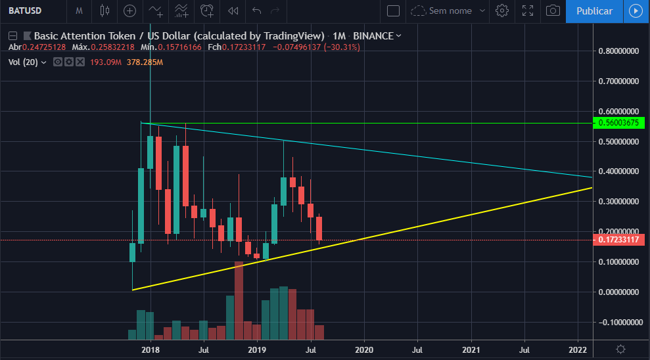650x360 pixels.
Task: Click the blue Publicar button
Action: [594, 11]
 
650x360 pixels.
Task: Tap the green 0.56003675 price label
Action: [618, 123]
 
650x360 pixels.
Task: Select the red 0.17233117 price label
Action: [618, 240]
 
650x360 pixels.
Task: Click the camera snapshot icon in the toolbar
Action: [553, 11]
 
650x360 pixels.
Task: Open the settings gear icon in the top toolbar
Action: [502, 11]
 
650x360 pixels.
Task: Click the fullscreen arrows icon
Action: [527, 11]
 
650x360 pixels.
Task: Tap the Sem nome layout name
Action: [450, 11]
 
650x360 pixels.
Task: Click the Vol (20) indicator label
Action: [23, 62]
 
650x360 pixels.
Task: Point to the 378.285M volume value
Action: [145, 62]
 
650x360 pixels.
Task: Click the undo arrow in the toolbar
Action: [256, 11]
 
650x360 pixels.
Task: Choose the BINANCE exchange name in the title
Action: [374, 35]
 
